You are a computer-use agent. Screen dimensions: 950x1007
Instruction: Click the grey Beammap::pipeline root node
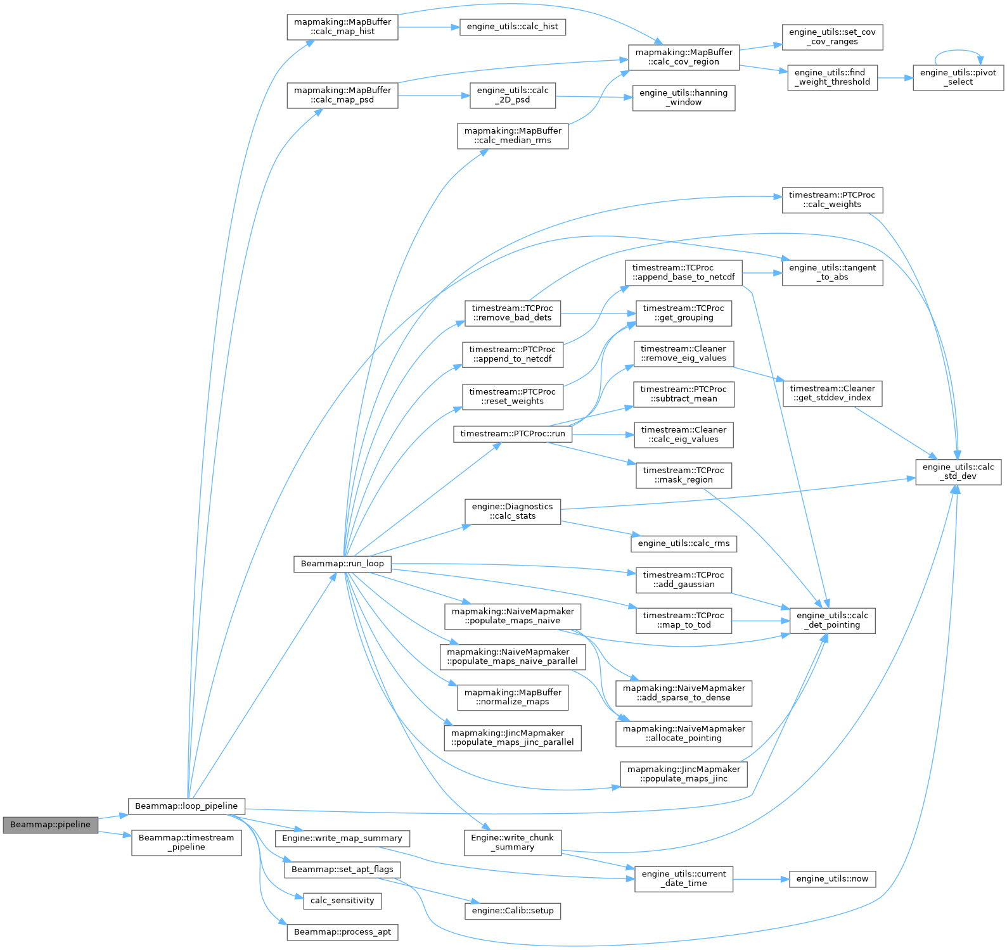point(51,825)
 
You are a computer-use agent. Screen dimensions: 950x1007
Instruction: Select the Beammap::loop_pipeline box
point(186,806)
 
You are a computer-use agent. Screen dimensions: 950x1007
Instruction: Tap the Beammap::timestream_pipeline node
point(186,842)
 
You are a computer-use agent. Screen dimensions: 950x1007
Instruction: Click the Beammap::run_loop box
point(342,564)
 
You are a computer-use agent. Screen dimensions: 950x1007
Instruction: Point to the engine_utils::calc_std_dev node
point(958,472)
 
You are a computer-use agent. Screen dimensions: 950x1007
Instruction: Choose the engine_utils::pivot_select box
point(958,77)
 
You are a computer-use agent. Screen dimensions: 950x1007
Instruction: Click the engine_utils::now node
point(832,879)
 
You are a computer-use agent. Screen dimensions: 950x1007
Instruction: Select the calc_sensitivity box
point(342,901)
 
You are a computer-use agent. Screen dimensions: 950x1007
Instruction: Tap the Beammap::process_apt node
point(342,932)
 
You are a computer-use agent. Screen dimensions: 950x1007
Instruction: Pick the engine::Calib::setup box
point(512,911)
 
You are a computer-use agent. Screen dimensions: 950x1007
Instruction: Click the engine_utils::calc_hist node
point(512,27)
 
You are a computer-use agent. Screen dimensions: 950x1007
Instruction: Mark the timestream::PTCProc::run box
point(512,434)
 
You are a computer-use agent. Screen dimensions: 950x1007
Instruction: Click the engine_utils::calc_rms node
point(683,543)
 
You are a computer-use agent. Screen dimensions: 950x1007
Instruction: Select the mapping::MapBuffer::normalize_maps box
point(512,697)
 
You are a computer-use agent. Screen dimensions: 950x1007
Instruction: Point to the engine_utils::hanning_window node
point(683,98)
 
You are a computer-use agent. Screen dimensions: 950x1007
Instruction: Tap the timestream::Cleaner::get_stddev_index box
point(832,393)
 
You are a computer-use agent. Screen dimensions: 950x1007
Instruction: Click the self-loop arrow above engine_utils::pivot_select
point(958,51)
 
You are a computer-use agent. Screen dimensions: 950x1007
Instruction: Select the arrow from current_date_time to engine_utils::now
point(760,879)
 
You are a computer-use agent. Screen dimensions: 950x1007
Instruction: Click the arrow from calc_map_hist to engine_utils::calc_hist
point(428,27)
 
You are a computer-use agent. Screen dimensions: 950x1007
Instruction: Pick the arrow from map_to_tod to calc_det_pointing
point(760,621)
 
